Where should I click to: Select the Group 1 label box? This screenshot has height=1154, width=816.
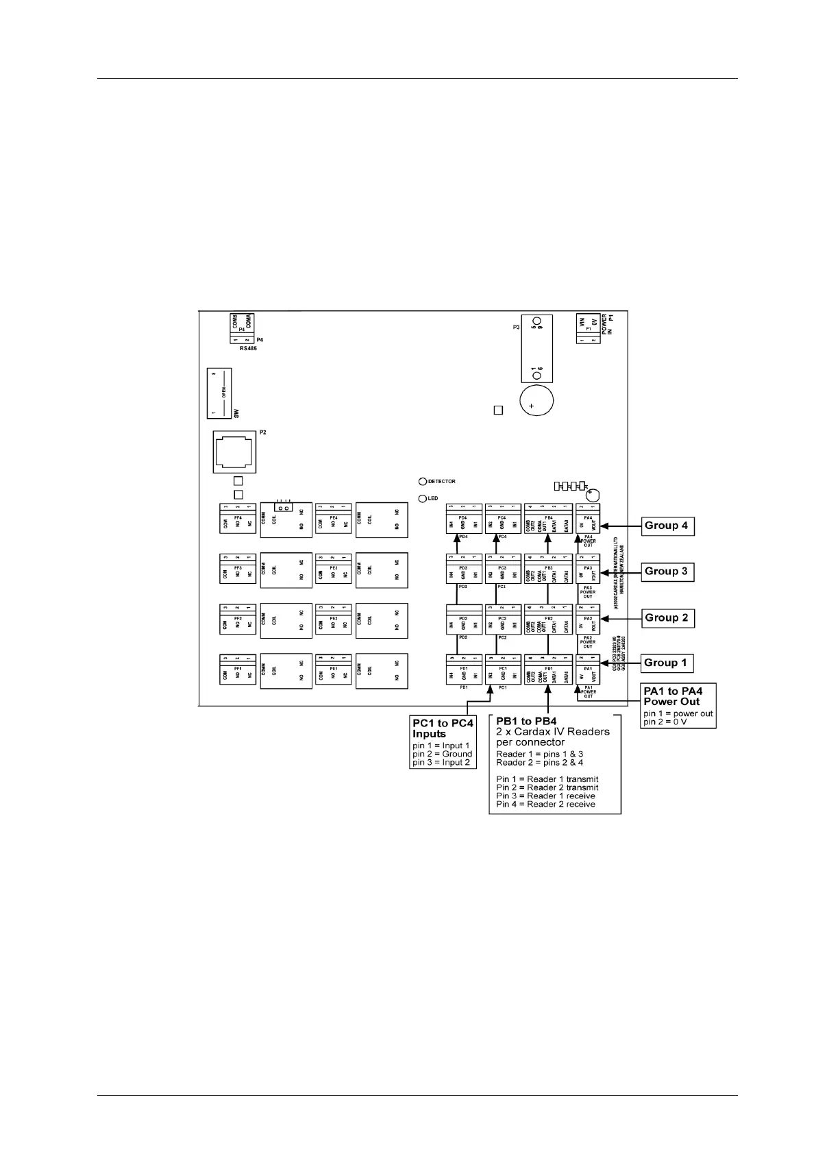[x=665, y=663]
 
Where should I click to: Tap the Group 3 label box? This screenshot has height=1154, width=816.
[x=666, y=572]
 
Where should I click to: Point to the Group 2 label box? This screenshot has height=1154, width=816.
[x=666, y=617]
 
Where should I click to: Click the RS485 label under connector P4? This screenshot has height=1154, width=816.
[x=248, y=348]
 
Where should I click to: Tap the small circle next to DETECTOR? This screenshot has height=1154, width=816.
[x=423, y=481]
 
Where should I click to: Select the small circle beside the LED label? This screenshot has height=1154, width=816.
[x=423, y=498]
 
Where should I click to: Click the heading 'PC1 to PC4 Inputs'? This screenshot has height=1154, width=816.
[x=443, y=728]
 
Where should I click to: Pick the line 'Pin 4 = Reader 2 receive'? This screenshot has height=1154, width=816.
[x=545, y=804]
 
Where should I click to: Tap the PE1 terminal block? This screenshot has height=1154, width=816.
[x=333, y=670]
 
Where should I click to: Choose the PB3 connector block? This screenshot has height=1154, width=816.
[x=548, y=570]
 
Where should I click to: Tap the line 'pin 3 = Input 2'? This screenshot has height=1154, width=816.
[x=441, y=762]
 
